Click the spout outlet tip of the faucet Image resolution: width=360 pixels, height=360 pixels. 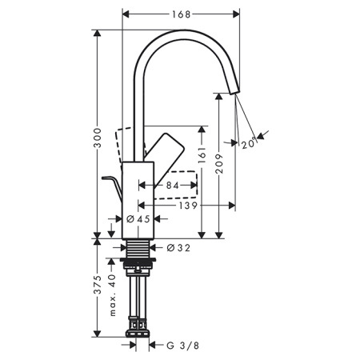234,89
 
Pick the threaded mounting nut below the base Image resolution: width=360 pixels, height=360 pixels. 141,263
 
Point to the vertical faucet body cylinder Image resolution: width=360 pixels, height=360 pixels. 139,196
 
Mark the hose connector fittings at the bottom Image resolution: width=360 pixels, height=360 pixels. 141,323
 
